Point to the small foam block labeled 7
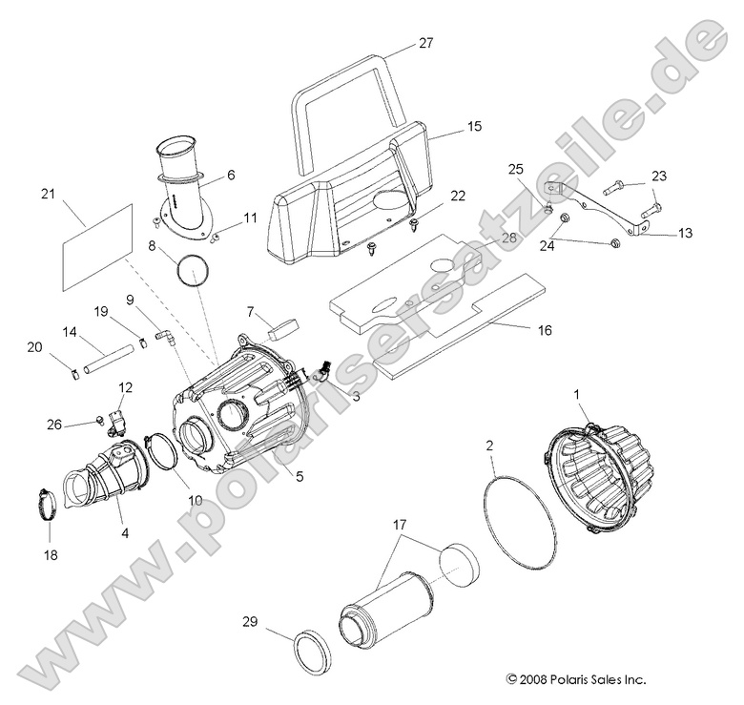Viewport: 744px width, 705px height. [x=279, y=330]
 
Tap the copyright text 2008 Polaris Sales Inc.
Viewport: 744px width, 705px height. [x=576, y=679]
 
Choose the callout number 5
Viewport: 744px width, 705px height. [x=300, y=476]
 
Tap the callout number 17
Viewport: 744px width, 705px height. [x=399, y=524]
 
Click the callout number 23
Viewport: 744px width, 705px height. [x=659, y=176]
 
